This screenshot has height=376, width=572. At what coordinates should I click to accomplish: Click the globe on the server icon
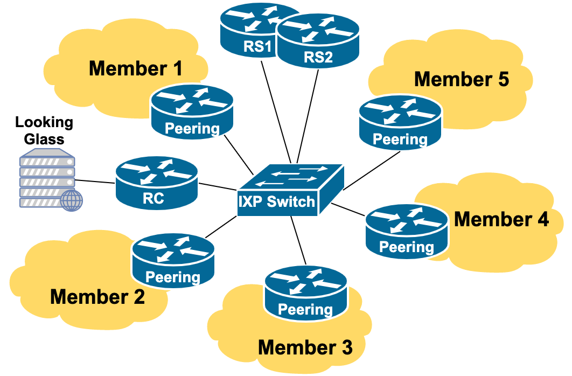click(x=72, y=200)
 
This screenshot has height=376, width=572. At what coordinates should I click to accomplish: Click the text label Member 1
click(x=135, y=68)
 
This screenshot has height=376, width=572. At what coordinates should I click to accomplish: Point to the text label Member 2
click(x=97, y=297)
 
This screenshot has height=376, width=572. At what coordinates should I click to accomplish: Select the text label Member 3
click(x=305, y=347)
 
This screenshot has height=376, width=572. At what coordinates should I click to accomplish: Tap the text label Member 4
click(x=501, y=219)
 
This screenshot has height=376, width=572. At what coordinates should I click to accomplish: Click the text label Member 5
click(x=462, y=79)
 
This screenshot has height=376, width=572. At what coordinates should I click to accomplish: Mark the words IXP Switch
click(x=276, y=202)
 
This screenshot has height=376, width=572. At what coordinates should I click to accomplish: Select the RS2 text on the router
click(x=318, y=57)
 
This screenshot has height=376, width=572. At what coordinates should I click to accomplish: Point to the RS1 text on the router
click(x=257, y=46)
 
